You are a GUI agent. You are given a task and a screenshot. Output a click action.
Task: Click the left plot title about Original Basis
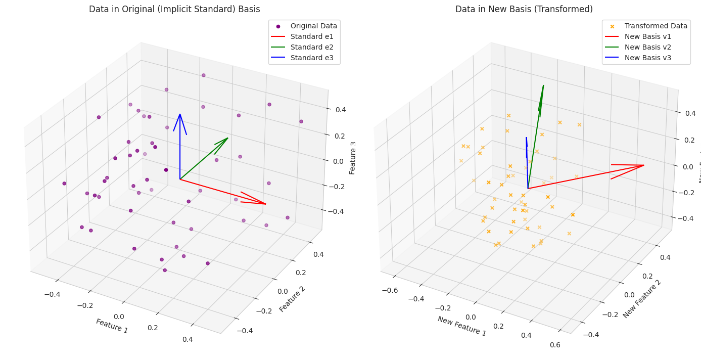[174, 9]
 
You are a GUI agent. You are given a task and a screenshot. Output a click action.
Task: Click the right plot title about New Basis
[524, 9]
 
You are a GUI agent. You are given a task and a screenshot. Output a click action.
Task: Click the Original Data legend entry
[308, 26]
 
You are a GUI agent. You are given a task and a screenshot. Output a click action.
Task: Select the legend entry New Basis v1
[647, 36]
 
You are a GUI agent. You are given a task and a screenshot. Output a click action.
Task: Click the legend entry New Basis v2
[647, 47]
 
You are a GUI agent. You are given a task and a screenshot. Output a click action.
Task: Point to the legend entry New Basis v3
[647, 58]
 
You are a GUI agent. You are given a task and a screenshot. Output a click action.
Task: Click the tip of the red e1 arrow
[266, 204]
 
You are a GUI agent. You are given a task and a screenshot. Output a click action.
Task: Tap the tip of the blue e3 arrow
[180, 114]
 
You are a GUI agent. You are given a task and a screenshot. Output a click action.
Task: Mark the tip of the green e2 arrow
[228, 138]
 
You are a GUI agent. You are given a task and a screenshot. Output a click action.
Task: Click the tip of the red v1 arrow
[644, 165]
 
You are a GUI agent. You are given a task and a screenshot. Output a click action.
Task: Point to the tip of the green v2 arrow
[543, 85]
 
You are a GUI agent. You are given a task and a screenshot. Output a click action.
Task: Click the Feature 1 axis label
[112, 326]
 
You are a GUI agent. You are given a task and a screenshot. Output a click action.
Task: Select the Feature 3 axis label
[353, 158]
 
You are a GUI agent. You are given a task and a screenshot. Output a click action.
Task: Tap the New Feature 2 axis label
[642, 299]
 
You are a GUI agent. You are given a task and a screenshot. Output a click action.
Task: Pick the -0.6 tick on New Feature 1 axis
[389, 290]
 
